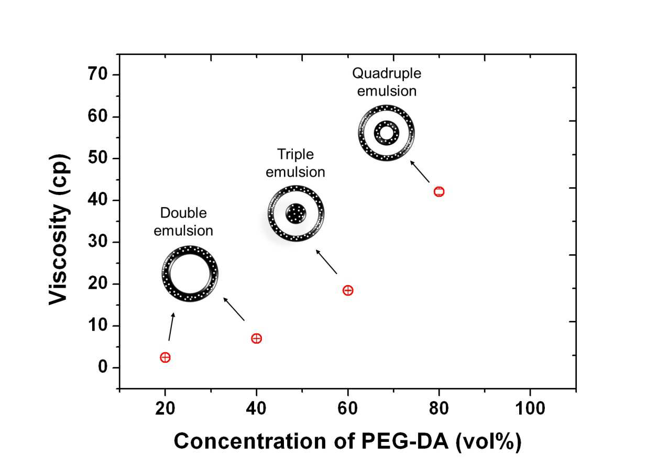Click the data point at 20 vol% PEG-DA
165,357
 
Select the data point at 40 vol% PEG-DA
257,339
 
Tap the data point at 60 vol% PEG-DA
348,290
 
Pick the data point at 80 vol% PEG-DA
439,192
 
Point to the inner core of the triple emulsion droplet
296,214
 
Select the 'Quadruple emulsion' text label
387,82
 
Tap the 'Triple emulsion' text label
295,163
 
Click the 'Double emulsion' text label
183,222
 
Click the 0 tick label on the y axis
103,366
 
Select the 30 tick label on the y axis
97,241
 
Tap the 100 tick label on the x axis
530,408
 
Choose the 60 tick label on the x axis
348,408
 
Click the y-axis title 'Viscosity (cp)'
59,230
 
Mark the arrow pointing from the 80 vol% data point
420,171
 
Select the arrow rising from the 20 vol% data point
172,327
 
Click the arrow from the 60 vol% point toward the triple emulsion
326,262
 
